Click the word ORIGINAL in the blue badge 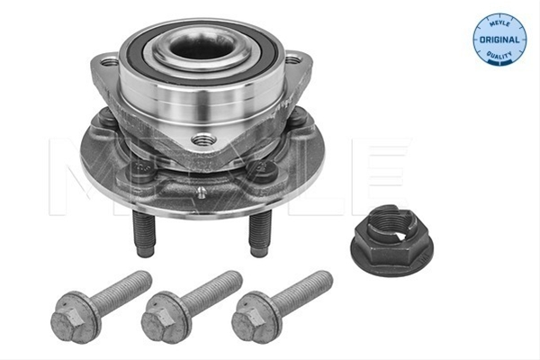(499, 40)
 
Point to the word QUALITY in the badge (499, 55)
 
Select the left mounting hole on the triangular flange (110, 63)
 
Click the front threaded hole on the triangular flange (203, 139)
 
